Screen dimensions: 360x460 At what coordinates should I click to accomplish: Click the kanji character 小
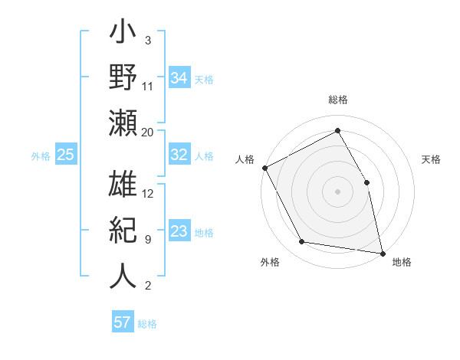[x=123, y=34]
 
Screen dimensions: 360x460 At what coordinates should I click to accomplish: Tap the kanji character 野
[x=123, y=78]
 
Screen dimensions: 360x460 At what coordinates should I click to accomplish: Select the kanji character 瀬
[x=123, y=123]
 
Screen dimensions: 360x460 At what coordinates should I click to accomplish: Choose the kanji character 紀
[x=123, y=229]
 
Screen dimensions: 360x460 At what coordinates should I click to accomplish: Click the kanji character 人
[x=123, y=274]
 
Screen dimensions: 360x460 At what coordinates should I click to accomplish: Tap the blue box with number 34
[x=179, y=77]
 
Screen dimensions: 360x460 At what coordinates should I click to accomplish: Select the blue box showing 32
[x=179, y=155]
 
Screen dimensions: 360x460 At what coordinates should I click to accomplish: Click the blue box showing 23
[x=179, y=232]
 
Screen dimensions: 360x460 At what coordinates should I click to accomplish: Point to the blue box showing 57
[x=122, y=322]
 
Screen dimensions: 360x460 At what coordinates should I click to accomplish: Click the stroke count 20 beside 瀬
[x=148, y=132]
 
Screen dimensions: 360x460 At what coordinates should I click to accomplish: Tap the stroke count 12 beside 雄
[x=148, y=194]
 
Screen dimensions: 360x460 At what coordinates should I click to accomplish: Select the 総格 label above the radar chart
[x=338, y=100]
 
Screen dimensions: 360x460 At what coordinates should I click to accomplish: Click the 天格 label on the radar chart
[x=431, y=159]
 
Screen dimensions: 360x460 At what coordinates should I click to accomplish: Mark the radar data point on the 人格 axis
[x=265, y=168]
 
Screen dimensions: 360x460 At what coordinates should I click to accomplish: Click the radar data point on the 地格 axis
[x=383, y=253]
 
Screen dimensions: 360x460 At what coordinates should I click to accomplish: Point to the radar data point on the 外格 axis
[x=302, y=242]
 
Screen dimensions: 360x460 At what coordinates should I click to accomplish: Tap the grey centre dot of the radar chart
[x=338, y=191]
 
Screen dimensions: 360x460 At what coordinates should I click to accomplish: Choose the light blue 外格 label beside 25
[x=41, y=156]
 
